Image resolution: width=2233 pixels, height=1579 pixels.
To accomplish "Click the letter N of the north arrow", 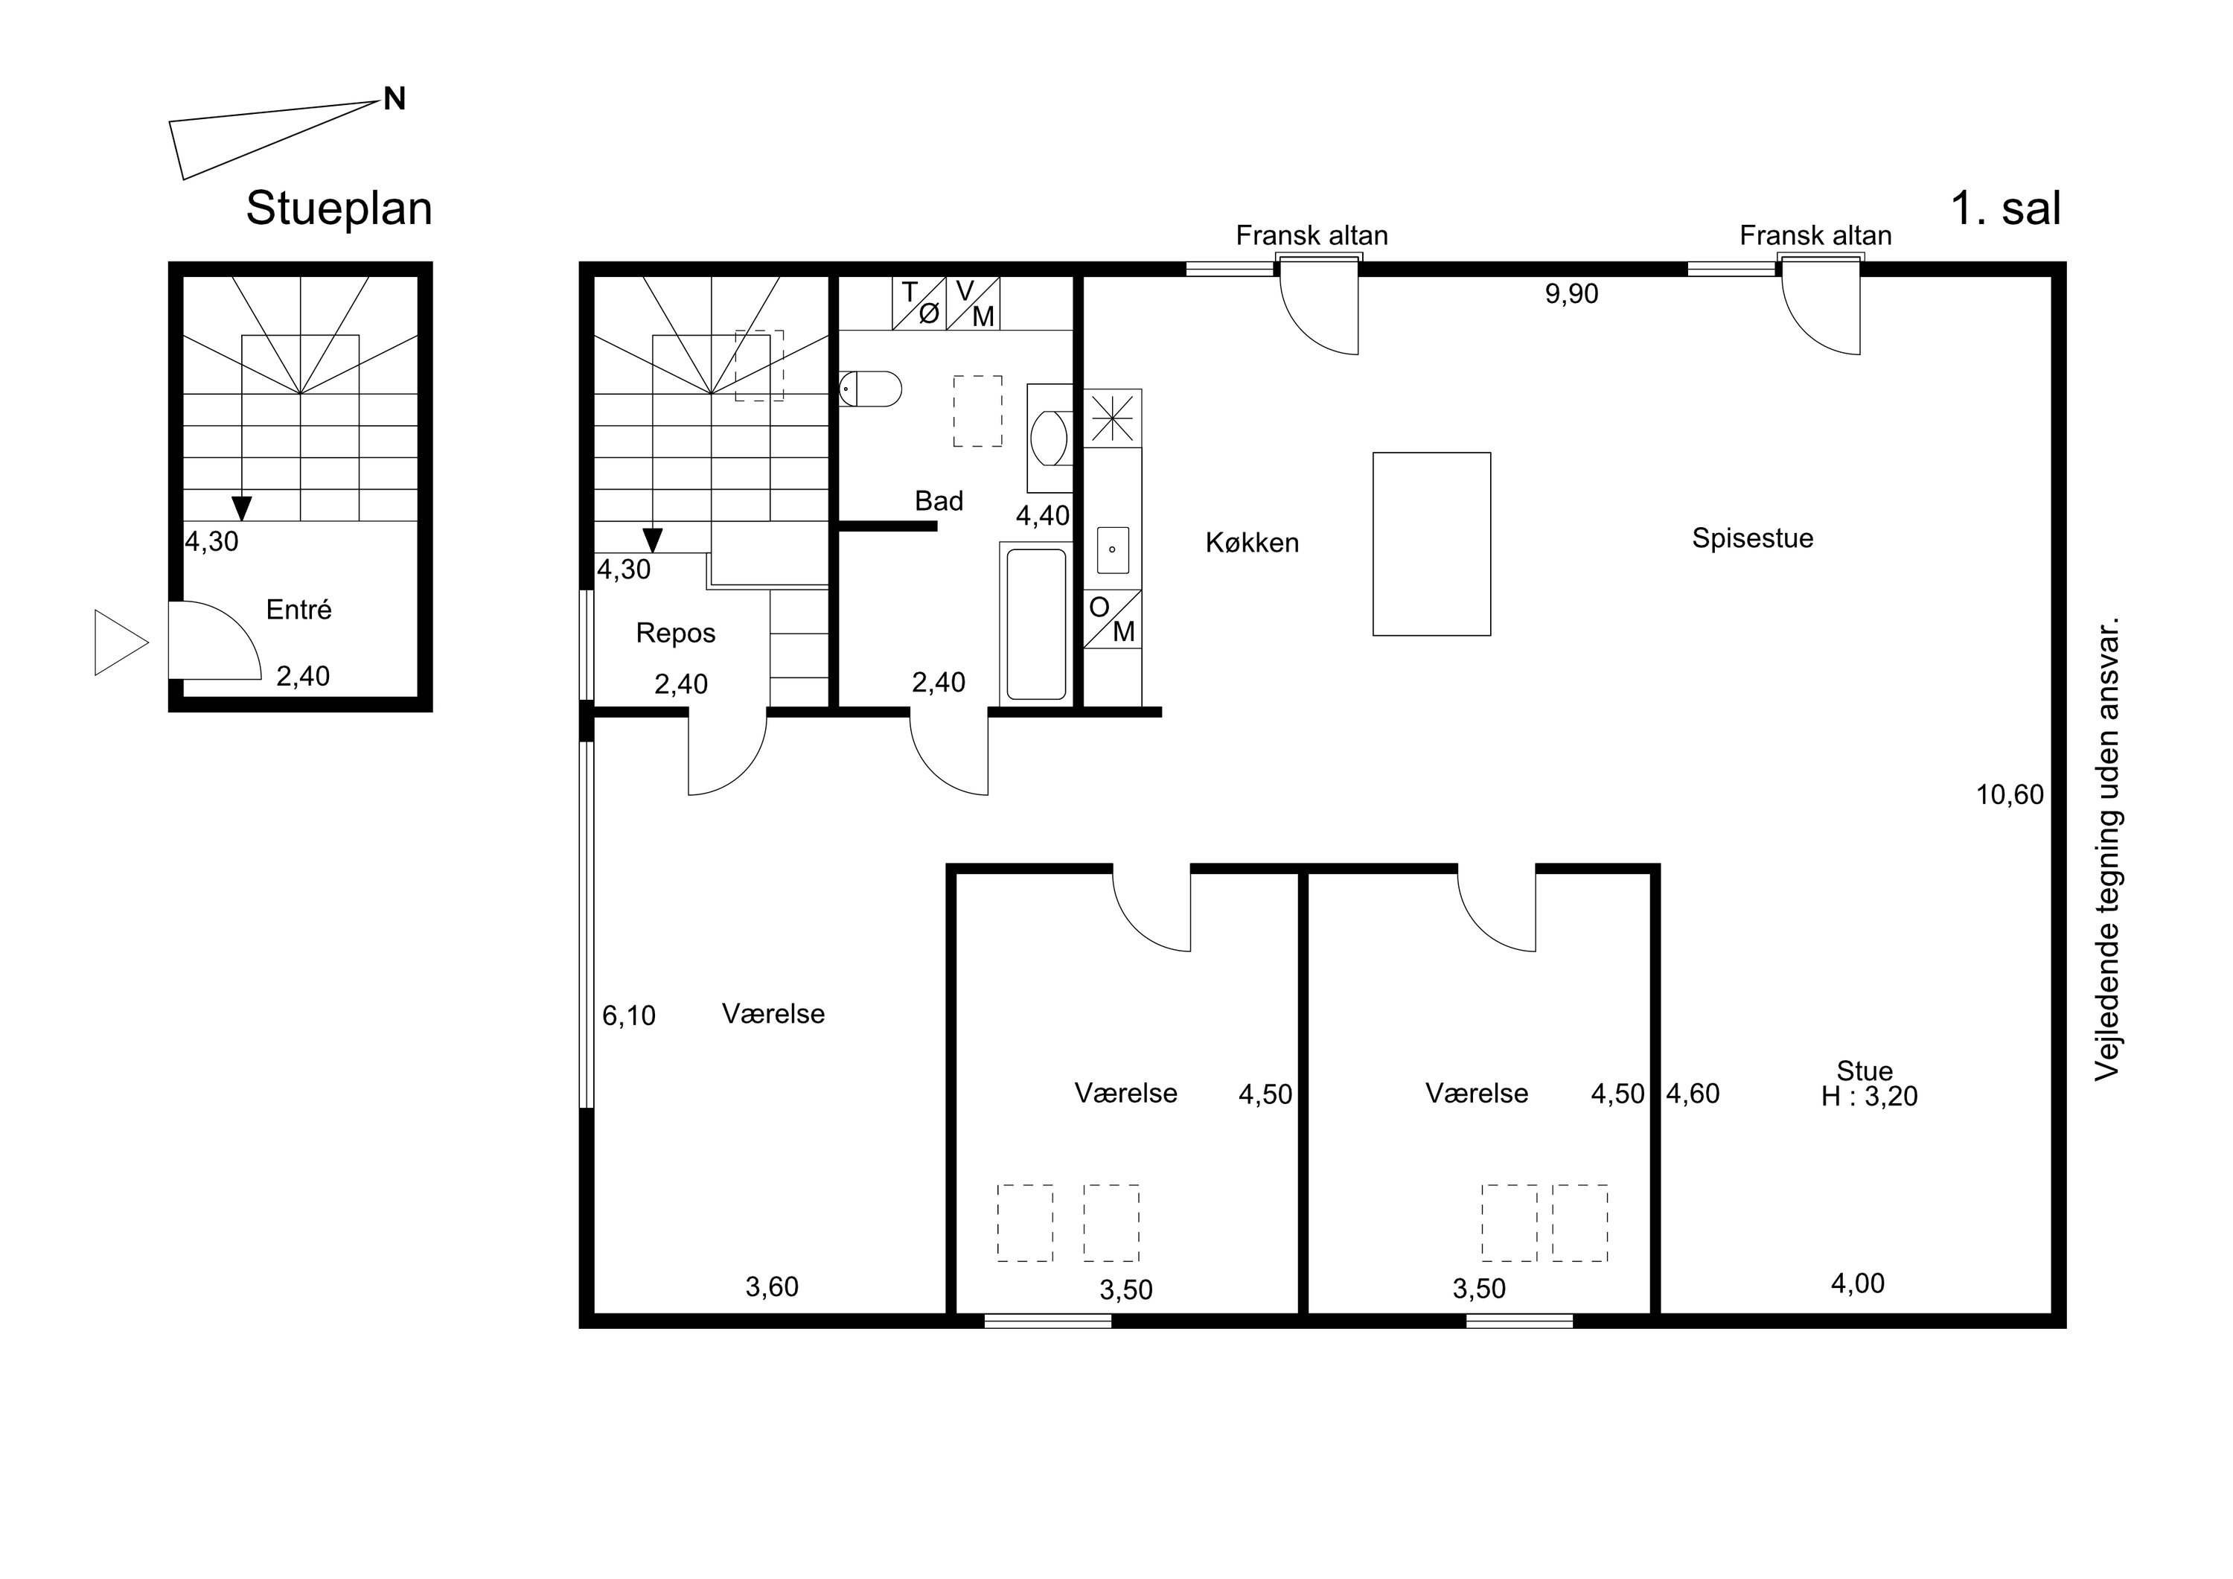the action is point(394,98).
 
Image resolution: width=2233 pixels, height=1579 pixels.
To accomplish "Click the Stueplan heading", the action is point(339,209).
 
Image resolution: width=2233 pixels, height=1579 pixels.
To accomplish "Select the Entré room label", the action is point(298,609).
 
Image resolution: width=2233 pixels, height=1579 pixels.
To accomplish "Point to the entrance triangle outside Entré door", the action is point(121,642).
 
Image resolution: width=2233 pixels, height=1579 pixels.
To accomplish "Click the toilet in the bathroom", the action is point(870,388).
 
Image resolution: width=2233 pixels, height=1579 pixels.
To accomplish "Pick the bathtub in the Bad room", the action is point(1037,624).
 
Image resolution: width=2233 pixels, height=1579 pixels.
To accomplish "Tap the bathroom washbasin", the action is point(1049,438).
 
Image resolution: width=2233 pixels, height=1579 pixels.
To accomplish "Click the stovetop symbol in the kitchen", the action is point(1113,418).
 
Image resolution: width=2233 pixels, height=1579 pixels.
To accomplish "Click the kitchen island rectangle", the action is point(1431,544).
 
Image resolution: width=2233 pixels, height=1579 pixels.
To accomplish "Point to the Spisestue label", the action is point(1753,538).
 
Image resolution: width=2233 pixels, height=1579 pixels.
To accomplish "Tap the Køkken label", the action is point(1252,542).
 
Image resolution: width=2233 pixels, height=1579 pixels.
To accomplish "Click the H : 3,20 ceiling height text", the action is point(1869,1097).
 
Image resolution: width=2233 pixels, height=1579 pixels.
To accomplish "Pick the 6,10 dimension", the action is point(629,1015).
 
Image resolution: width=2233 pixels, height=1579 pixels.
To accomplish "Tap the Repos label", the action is point(676,634).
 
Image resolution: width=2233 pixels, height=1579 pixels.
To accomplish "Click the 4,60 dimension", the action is point(1693,1094).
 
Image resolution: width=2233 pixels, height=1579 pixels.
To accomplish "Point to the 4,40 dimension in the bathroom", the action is point(1044,516).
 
